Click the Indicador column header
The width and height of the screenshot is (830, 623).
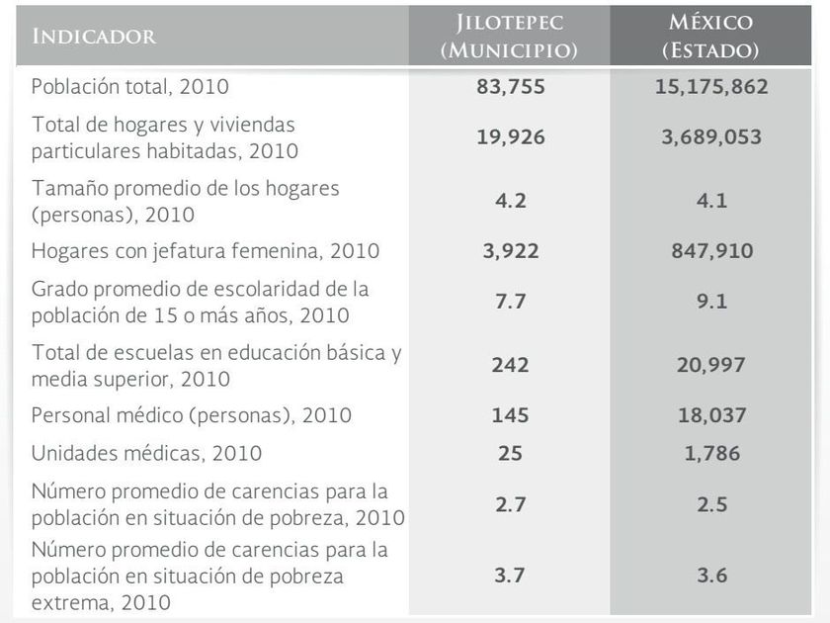pos(94,37)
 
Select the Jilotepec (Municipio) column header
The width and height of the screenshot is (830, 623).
pos(510,37)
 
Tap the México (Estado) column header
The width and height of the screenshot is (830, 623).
pos(711,37)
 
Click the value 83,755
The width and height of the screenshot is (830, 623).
pos(510,86)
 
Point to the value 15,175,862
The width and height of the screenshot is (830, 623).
pos(711,86)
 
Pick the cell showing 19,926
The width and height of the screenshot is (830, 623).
pos(510,137)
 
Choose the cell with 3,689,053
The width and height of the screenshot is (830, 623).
pos(711,137)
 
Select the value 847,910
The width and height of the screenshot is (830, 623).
pos(711,251)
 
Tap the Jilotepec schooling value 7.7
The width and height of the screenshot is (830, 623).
pos(510,302)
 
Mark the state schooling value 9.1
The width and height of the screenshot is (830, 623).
pos(711,302)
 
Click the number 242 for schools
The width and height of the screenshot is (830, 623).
pos(510,365)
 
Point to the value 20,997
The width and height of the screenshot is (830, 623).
pos(711,365)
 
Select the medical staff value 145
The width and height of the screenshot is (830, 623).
pos(510,415)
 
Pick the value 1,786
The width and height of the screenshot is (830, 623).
pos(711,454)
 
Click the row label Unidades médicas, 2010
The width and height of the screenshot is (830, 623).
pos(146,454)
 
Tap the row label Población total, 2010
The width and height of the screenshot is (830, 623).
pos(129,86)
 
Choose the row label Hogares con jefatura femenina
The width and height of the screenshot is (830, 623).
pos(205,251)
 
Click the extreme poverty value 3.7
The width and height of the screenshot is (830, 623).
pos(510,575)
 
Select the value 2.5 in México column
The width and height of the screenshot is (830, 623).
pos(711,504)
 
